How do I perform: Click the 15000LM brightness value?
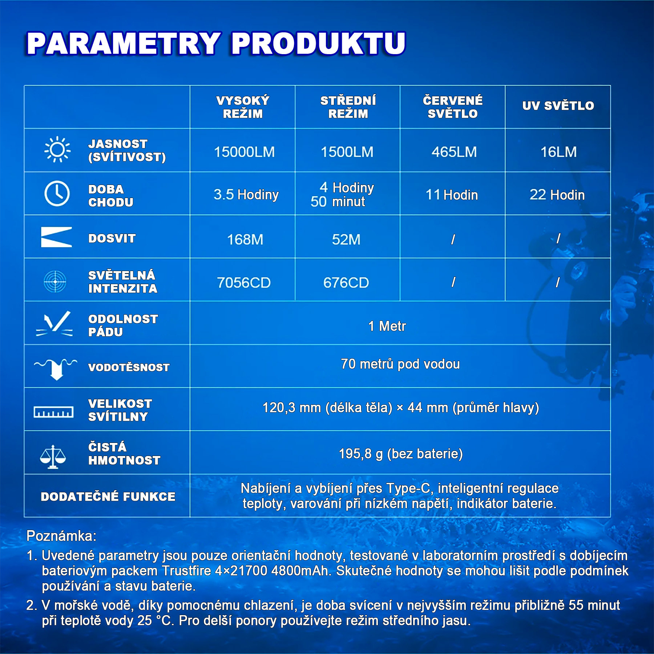coord(244,152)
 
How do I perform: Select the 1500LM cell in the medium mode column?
coord(347,152)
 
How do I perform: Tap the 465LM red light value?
coord(454,152)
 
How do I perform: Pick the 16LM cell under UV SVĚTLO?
coord(558,152)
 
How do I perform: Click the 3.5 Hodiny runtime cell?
coord(246,195)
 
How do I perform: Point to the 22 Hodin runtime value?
coord(557,195)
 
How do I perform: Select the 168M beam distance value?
coord(245,239)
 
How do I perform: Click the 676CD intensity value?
coord(346,283)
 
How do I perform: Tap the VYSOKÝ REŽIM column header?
coord(243,107)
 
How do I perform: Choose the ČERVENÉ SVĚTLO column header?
coord(453,107)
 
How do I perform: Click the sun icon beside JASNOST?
coord(57,149)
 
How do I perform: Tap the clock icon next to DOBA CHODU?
coord(57,194)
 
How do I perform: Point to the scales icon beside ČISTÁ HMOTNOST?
coord(53,457)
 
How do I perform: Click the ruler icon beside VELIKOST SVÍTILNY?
coord(53,412)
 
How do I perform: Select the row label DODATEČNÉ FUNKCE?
coord(108,496)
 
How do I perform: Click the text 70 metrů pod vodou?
coord(400,364)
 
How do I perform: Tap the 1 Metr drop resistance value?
coord(387,326)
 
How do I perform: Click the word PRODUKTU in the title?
coord(318,43)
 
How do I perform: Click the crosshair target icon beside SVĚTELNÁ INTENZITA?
coord(55,282)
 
